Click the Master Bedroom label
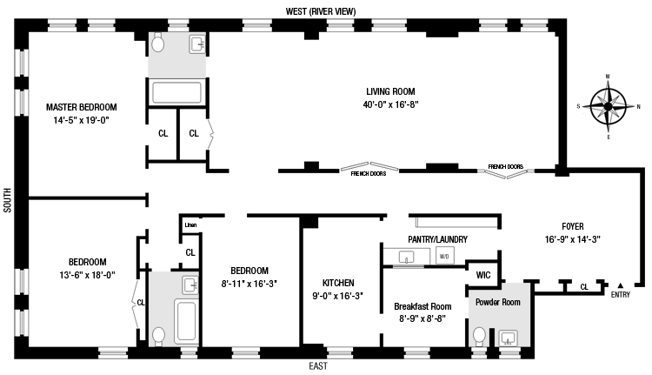82,107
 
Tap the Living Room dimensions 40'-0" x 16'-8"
390,104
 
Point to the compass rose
608,106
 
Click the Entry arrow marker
621,285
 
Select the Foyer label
573,226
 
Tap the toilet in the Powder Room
479,337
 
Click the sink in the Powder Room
508,338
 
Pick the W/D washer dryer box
444,256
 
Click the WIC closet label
483,275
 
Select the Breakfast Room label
422,307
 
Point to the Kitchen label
338,283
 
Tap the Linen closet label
190,225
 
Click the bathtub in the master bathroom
176,92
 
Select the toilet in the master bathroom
157,43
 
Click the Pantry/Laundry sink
406,257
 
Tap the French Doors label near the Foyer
506,166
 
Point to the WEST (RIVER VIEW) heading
321,11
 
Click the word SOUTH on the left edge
8,200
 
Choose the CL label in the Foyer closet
584,287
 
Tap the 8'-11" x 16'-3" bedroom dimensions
249,284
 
